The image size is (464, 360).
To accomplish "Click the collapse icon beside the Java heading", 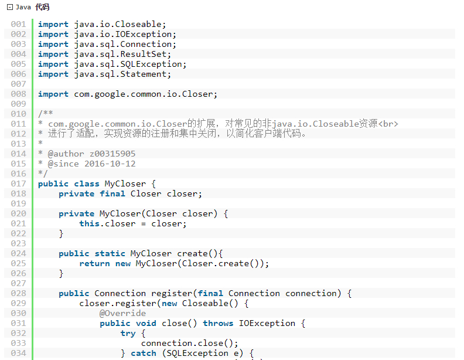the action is coord(9,7).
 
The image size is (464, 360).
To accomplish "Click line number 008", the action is coord(18,94).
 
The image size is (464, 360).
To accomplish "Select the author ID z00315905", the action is coord(112,154).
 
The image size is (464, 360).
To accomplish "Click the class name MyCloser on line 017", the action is coord(125,184).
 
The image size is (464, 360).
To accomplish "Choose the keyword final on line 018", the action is coord(112,193).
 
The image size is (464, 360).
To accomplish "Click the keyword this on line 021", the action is coord(89,223).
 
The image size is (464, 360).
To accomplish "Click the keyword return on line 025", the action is coord(94,263).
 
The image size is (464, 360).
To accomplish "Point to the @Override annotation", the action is coord(122,313).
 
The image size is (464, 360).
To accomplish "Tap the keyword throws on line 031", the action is coord(218,323).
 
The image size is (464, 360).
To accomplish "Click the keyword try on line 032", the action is coord(128,333).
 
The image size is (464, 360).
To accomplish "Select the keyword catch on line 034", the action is coord(144,353).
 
